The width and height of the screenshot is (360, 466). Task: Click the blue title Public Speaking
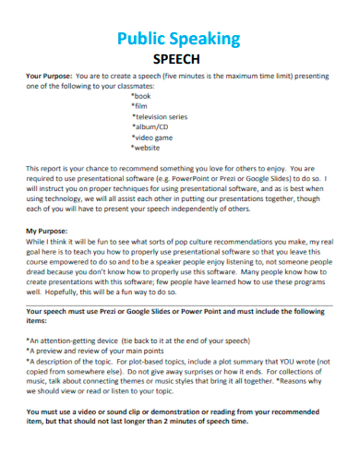pyautogui.click(x=179, y=39)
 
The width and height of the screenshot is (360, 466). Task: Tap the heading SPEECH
pyautogui.click(x=179, y=58)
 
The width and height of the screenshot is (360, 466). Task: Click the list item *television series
pyautogui.click(x=159, y=116)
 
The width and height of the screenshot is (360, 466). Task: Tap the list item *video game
pyautogui.click(x=153, y=137)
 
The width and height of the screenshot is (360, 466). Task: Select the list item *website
pyautogui.click(x=148, y=147)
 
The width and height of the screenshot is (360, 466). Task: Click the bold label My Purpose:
pyautogui.click(x=45, y=229)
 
